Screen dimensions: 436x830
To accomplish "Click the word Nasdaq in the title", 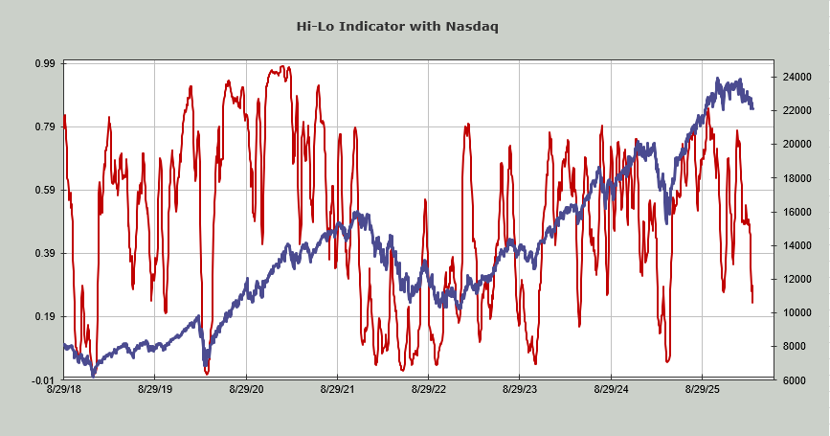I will [472, 26].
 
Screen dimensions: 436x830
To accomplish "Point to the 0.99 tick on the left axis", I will [45, 63].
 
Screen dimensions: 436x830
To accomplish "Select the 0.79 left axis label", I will [45, 126].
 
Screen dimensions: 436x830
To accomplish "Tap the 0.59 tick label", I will [45, 190].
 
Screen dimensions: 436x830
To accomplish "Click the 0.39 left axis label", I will [45, 253].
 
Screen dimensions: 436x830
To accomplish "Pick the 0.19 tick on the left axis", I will [45, 316].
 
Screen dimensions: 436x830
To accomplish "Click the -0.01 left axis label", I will [43, 379].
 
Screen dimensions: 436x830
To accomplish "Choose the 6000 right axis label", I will [796, 380].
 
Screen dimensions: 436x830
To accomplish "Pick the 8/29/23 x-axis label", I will [520, 390].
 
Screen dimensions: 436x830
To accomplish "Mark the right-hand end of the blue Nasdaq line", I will [752, 108].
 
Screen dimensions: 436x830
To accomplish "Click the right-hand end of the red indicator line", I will [752, 303].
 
